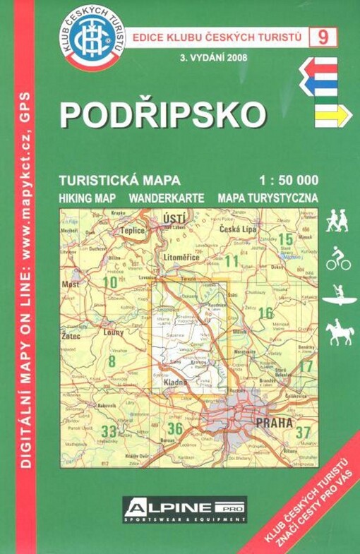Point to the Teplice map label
pos(132,230)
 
